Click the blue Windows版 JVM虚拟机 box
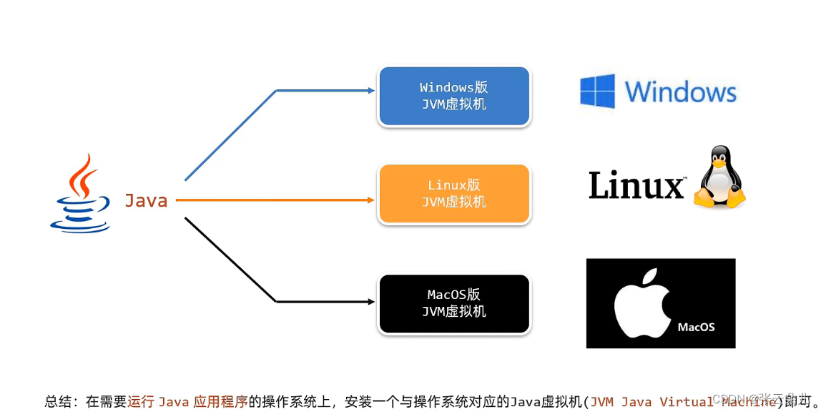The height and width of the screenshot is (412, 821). (x=454, y=97)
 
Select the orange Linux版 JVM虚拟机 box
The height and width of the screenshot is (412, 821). (x=454, y=194)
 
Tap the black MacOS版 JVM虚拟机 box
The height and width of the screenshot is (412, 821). (x=454, y=303)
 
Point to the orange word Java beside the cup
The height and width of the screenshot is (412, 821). (x=146, y=201)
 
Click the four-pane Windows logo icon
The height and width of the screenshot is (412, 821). (x=597, y=92)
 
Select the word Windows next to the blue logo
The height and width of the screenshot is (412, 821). (x=680, y=92)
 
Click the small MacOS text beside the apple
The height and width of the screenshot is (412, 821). (x=696, y=327)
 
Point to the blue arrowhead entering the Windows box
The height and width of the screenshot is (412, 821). (x=370, y=91)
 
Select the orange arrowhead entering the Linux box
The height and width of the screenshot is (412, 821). (x=370, y=201)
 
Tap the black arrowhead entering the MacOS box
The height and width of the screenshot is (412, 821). (x=370, y=302)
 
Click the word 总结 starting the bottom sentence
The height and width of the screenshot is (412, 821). (x=59, y=401)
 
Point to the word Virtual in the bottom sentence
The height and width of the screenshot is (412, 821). (x=687, y=401)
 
